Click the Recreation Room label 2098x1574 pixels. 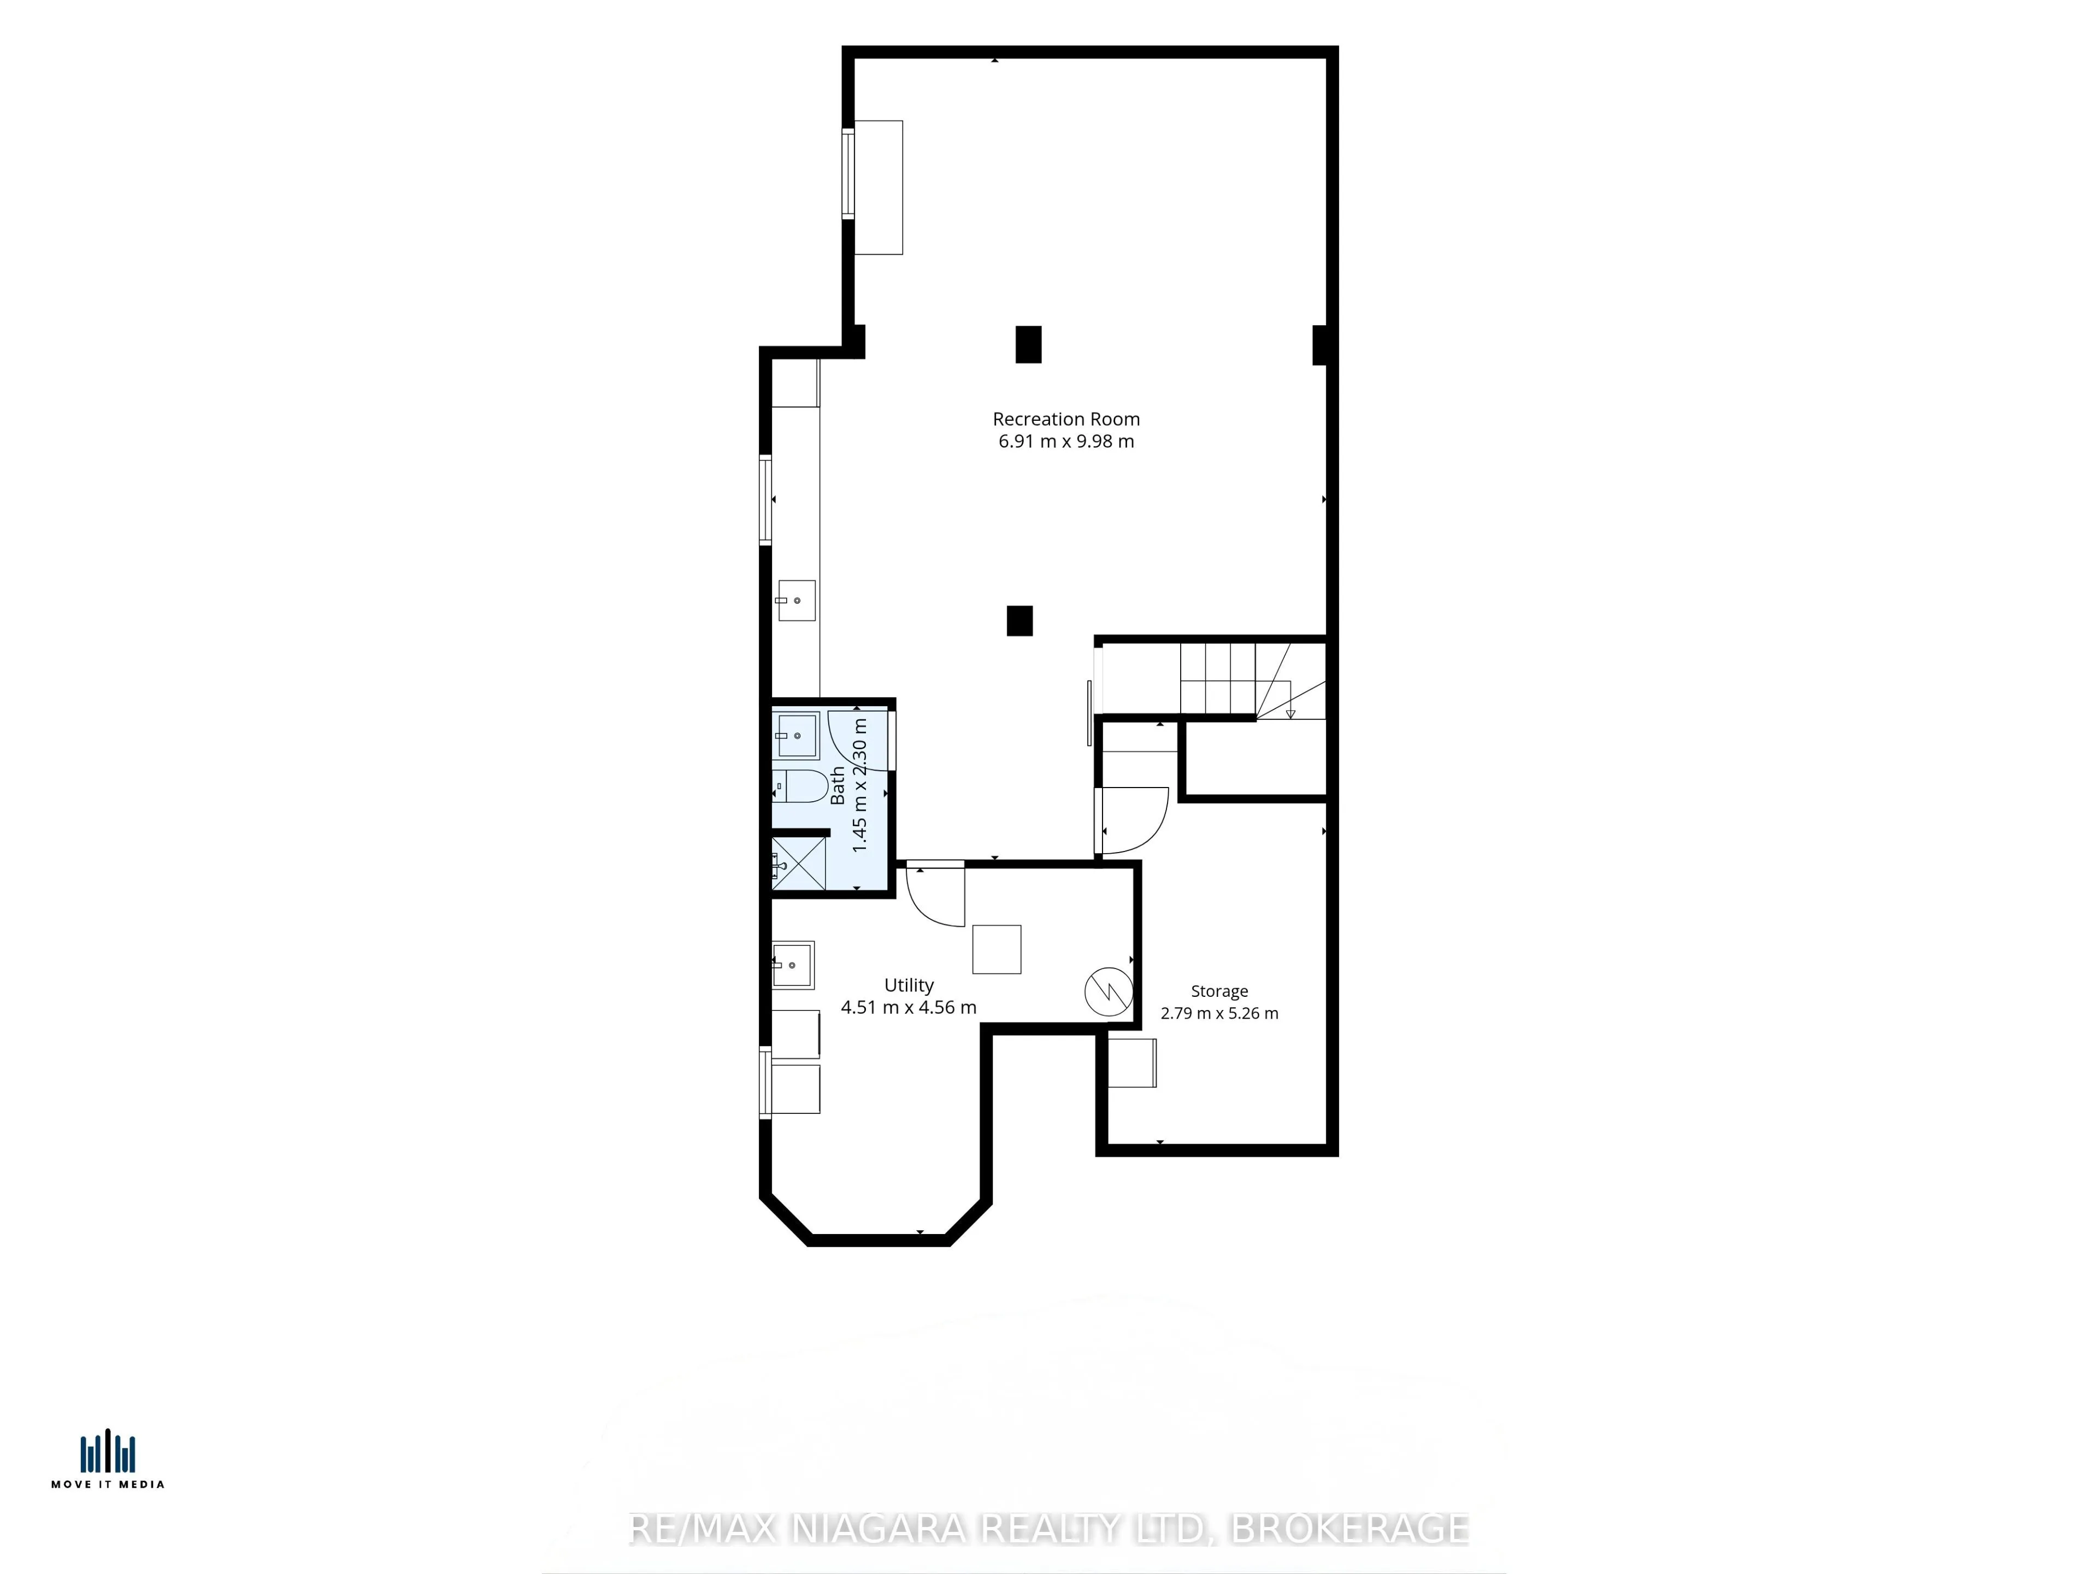click(x=1066, y=419)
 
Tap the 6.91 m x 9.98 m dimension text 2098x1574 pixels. click(x=1066, y=441)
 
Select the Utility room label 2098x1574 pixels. click(x=909, y=986)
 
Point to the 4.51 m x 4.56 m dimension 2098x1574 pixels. click(x=909, y=1008)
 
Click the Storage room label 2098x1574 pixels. click(x=1219, y=991)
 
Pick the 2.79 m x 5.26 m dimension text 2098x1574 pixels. click(x=1219, y=1013)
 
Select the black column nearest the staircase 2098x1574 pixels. click(x=1019, y=620)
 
